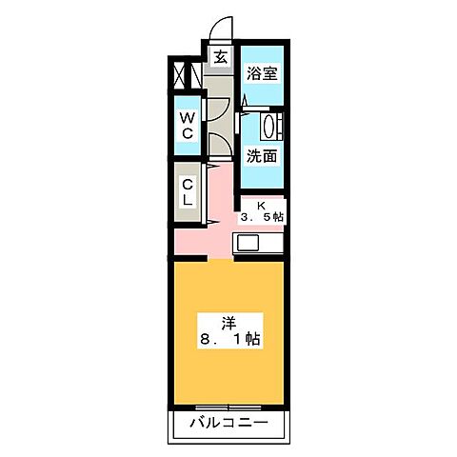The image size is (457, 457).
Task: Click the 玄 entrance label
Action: pos(220,56)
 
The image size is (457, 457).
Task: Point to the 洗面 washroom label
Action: pos(262,156)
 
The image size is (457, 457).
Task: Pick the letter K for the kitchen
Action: pos(259,204)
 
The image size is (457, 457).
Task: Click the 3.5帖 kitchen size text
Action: pos(261,218)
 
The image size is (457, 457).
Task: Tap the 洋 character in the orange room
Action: pos(228,321)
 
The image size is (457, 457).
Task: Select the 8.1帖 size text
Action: pos(228,339)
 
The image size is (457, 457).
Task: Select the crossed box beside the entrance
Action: pos(184,73)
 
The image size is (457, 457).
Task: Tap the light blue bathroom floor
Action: pos(262,90)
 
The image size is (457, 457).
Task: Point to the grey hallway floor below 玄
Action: pos(220,105)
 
